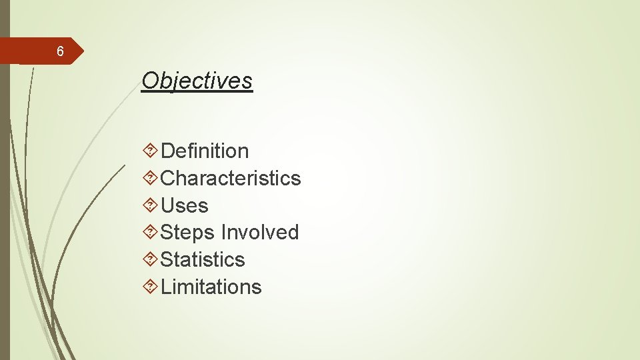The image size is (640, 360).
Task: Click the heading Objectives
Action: [x=197, y=81]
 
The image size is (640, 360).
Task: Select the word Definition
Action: [x=205, y=151]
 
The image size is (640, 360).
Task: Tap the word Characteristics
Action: [x=231, y=179]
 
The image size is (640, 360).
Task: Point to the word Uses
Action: [x=185, y=206]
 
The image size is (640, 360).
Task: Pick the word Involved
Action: [x=260, y=233]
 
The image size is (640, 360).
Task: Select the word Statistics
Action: [x=203, y=259]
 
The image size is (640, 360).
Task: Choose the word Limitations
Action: [x=211, y=287]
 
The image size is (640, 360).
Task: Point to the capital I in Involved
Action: [x=223, y=233]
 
